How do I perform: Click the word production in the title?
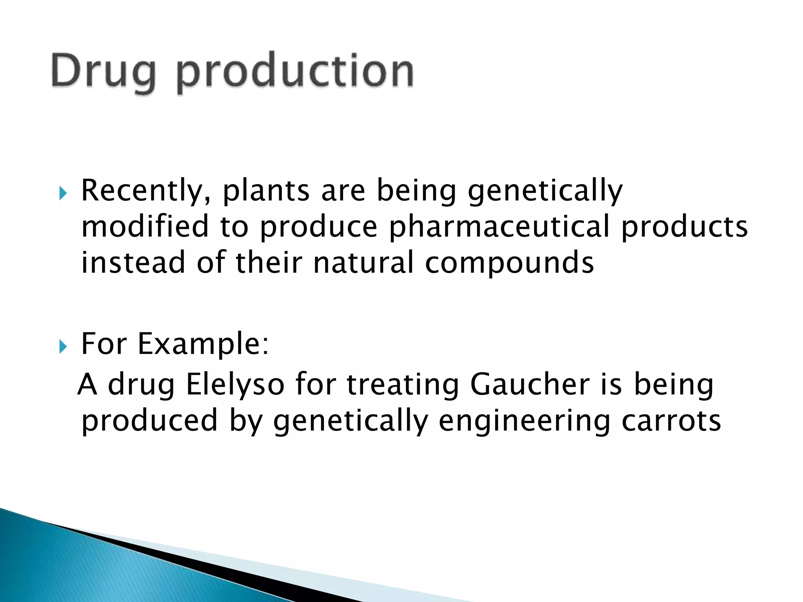295,71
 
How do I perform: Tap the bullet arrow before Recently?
63,193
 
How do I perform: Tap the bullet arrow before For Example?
63,346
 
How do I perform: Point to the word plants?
266,191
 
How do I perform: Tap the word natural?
363,263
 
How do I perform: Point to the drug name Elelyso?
235,385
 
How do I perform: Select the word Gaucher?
530,384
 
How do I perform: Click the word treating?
403,385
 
